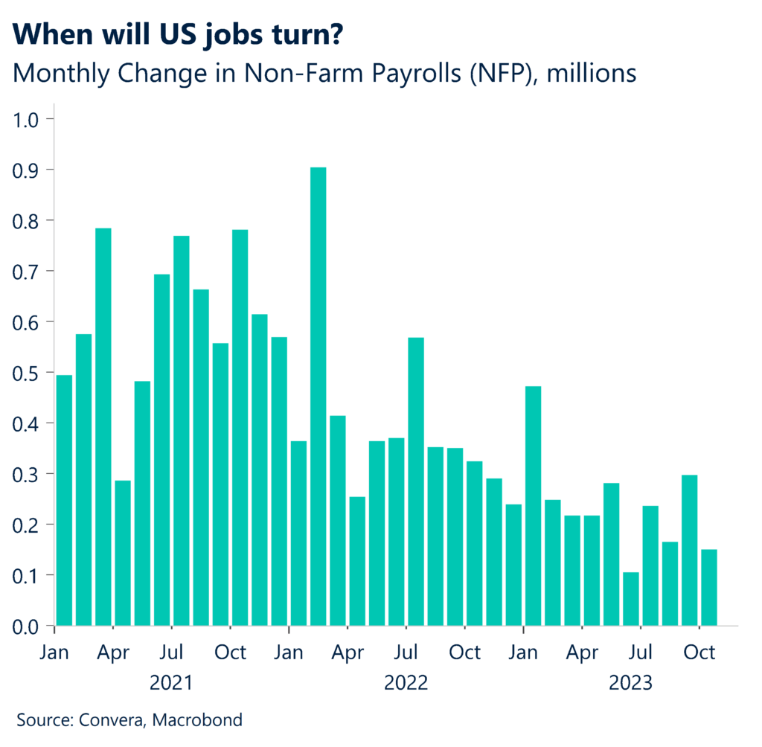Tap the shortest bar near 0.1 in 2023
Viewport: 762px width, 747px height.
(631, 599)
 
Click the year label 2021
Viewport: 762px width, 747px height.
(171, 682)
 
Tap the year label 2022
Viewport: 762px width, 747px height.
(406, 682)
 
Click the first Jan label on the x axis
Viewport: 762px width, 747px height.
(54, 653)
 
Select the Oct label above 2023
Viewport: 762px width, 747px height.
(699, 653)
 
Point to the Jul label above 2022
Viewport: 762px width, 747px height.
(406, 653)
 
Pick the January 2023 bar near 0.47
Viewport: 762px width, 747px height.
(533, 506)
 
